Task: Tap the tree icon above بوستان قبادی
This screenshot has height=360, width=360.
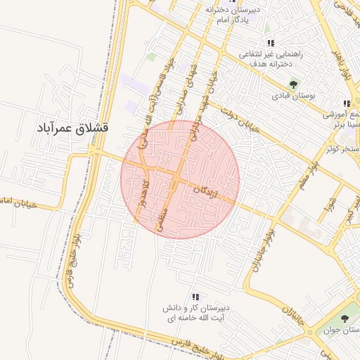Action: (294, 84)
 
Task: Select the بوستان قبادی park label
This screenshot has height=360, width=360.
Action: (295, 95)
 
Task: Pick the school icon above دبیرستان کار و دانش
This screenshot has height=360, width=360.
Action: (195, 297)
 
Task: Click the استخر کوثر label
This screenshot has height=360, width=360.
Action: (343, 150)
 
